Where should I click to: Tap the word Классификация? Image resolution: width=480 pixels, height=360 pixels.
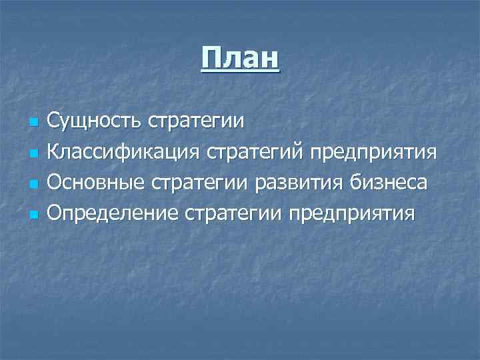point(123,152)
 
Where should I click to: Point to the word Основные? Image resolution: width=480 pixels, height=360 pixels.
point(97,182)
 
